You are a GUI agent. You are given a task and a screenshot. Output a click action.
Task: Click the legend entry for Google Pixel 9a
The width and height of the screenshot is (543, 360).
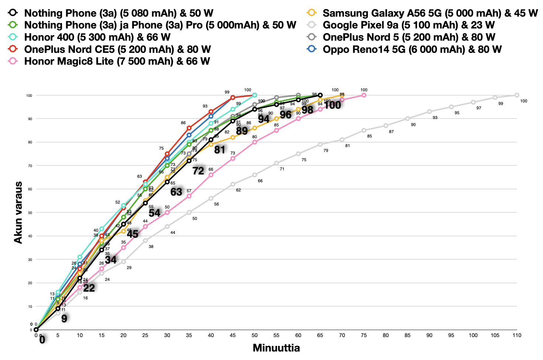tap(408, 25)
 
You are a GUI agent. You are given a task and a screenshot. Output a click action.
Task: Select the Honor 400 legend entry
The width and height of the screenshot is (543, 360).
tap(97, 37)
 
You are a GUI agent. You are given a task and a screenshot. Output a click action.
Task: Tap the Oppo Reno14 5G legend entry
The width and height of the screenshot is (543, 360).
tap(412, 50)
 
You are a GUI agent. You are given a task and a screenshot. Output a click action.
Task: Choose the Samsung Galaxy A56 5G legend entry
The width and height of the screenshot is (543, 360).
tap(430, 13)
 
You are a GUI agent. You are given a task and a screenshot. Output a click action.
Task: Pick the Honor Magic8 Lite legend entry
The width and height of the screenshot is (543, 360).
tap(117, 61)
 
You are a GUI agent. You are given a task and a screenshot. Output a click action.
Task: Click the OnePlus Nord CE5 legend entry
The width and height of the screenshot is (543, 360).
tap(117, 50)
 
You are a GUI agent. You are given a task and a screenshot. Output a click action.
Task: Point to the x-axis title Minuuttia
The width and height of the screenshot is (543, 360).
tap(276, 348)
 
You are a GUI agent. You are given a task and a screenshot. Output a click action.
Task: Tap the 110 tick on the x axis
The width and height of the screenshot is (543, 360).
tap(517, 336)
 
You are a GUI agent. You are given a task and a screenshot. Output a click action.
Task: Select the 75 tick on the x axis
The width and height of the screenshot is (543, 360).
tap(364, 336)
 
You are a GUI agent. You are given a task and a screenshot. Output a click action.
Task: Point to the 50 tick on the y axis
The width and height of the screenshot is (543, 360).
tap(29, 213)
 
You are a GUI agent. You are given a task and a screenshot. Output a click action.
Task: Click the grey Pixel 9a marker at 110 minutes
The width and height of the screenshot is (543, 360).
tap(517, 95)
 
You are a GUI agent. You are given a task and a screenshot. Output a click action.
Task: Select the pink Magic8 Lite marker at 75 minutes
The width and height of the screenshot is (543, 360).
tap(364, 95)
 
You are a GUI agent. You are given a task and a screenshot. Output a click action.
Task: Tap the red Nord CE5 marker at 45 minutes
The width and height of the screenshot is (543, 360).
tap(233, 98)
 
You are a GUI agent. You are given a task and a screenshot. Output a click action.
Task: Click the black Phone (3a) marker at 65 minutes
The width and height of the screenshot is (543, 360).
tap(320, 95)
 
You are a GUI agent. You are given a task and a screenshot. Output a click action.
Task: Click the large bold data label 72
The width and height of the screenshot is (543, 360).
tap(198, 171)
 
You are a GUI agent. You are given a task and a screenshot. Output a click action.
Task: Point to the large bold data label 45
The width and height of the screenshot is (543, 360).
tap(133, 234)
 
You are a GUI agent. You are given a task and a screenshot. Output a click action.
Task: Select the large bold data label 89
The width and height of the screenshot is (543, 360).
tap(242, 131)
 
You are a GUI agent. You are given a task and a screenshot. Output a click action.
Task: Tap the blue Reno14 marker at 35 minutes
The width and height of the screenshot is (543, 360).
tap(189, 135)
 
